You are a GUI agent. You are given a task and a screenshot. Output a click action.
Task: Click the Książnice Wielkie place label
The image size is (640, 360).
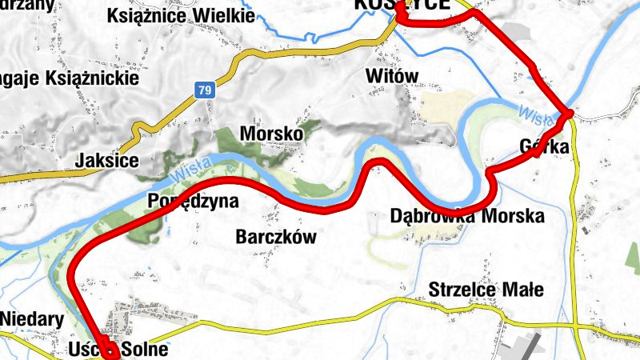point(180,15)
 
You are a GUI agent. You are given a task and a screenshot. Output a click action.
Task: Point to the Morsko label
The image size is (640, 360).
point(271,134)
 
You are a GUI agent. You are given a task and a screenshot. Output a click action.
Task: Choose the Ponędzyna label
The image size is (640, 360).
point(193,201)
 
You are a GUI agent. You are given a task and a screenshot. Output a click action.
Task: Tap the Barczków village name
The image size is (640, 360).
point(276,237)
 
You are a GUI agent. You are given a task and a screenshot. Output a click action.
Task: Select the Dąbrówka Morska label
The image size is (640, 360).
point(466,217)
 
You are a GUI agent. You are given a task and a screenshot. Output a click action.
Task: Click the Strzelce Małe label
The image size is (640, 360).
point(486,290)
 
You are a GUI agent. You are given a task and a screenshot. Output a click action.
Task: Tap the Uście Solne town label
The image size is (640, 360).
point(120,350)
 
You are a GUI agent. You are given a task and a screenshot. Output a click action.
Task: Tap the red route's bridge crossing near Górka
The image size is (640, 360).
point(566,115)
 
